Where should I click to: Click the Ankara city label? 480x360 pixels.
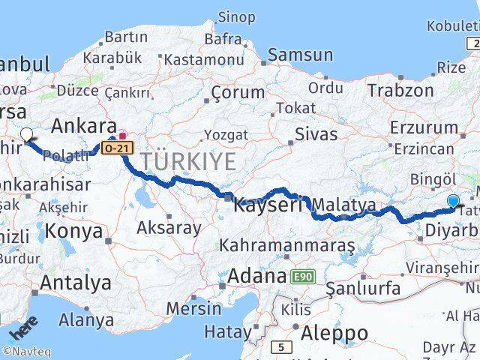tap(84, 125)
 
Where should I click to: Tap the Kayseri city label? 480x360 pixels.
tap(268, 204)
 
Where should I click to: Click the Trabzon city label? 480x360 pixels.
tap(400, 91)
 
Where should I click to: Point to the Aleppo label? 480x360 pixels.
tap(331, 332)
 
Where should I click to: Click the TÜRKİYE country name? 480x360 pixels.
tap(187, 160)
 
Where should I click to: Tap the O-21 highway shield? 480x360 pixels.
tap(118, 148)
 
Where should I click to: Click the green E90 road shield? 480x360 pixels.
tap(302, 277)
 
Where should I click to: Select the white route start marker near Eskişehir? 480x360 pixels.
tap(26, 135)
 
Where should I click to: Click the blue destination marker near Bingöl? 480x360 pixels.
tap(453, 201)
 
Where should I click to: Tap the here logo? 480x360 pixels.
tap(22, 330)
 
